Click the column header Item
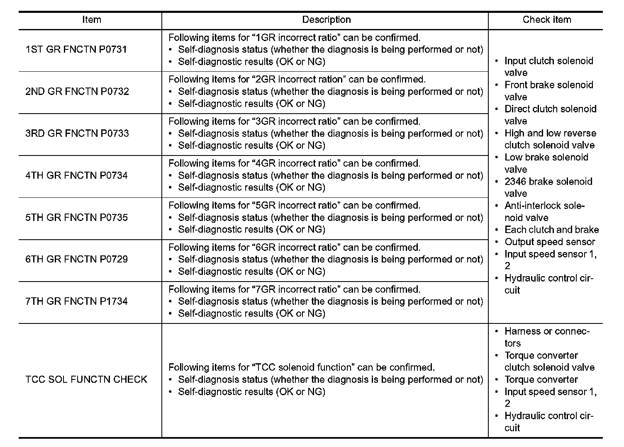91,20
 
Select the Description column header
326,20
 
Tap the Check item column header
546,20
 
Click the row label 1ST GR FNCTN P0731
76,50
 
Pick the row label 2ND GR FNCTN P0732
77,92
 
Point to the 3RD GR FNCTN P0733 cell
77,134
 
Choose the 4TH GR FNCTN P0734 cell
76,175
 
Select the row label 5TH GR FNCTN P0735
76,218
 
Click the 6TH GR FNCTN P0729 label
76,260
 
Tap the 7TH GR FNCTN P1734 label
76,301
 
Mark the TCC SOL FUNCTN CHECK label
86,379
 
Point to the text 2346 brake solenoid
548,182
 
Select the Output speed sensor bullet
549,242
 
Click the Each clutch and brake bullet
551,230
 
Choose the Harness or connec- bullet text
546,331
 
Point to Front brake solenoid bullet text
548,85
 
